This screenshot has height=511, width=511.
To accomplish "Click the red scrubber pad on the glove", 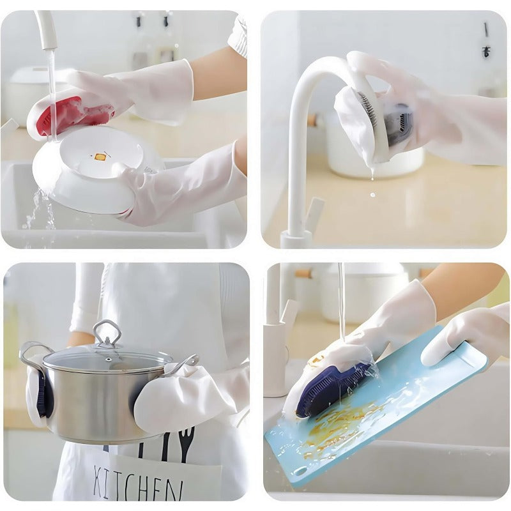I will [x=70, y=115].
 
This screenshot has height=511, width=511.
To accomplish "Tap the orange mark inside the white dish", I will [x=99, y=156].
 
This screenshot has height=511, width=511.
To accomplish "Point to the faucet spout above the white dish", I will [x=46, y=32].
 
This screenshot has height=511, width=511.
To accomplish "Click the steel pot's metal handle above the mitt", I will [x=182, y=364].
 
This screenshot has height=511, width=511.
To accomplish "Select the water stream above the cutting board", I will [x=342, y=300].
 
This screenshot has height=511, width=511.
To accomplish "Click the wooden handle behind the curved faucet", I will [x=312, y=119].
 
